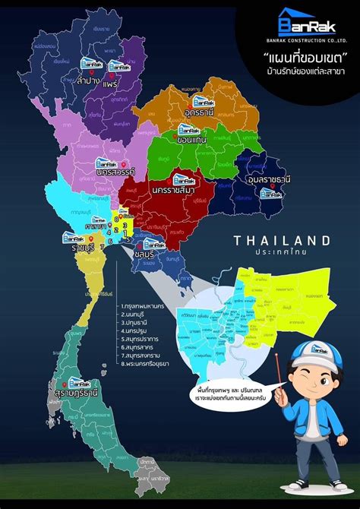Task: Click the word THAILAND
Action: (282, 240)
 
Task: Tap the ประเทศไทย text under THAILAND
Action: (282, 251)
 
